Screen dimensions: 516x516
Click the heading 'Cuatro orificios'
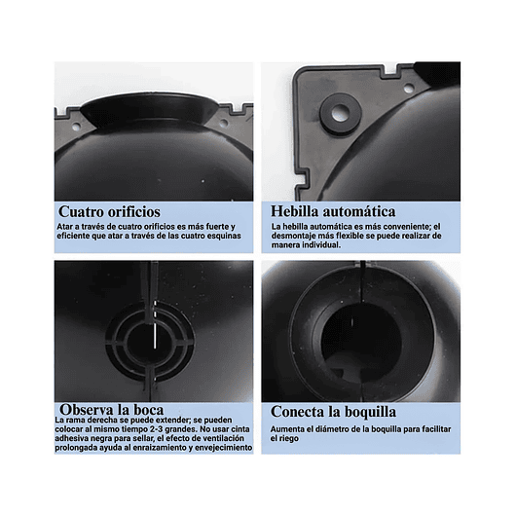pyautogui.click(x=109, y=211)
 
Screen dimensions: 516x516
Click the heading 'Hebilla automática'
pyautogui.click(x=332, y=211)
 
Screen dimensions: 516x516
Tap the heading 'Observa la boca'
pyautogui.click(x=110, y=408)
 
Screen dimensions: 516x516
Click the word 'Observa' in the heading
pyautogui.click(x=88, y=408)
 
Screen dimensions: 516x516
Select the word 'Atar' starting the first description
pyautogui.click(x=64, y=226)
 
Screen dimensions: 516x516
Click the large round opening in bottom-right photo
pyautogui.click(x=361, y=336)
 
